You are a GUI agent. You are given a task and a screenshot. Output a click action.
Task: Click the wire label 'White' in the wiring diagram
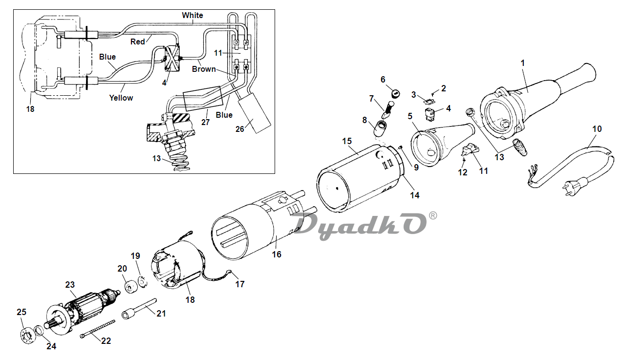[x=192, y=15]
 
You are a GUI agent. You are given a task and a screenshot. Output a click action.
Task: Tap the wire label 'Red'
[x=137, y=42]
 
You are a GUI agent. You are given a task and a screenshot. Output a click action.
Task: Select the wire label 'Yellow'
[x=121, y=98]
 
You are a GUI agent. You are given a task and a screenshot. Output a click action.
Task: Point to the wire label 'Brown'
[x=204, y=69]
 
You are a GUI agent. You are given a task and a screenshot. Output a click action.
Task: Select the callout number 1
[x=522, y=63]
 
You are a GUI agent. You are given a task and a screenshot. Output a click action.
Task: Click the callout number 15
[x=347, y=141]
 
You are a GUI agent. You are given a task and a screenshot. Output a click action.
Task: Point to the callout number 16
[x=277, y=254]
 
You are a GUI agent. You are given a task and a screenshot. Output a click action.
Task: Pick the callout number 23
[x=70, y=285]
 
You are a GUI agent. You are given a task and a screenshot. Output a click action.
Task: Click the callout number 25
[x=21, y=312]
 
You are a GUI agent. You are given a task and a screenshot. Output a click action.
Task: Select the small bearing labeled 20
[x=131, y=287]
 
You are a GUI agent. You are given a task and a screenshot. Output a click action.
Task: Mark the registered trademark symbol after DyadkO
[x=433, y=215]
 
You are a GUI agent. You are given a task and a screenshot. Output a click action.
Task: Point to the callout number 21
[x=161, y=313]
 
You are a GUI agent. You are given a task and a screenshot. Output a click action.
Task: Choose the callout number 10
[x=597, y=129]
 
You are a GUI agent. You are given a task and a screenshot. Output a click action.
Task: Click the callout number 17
[x=239, y=284]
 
